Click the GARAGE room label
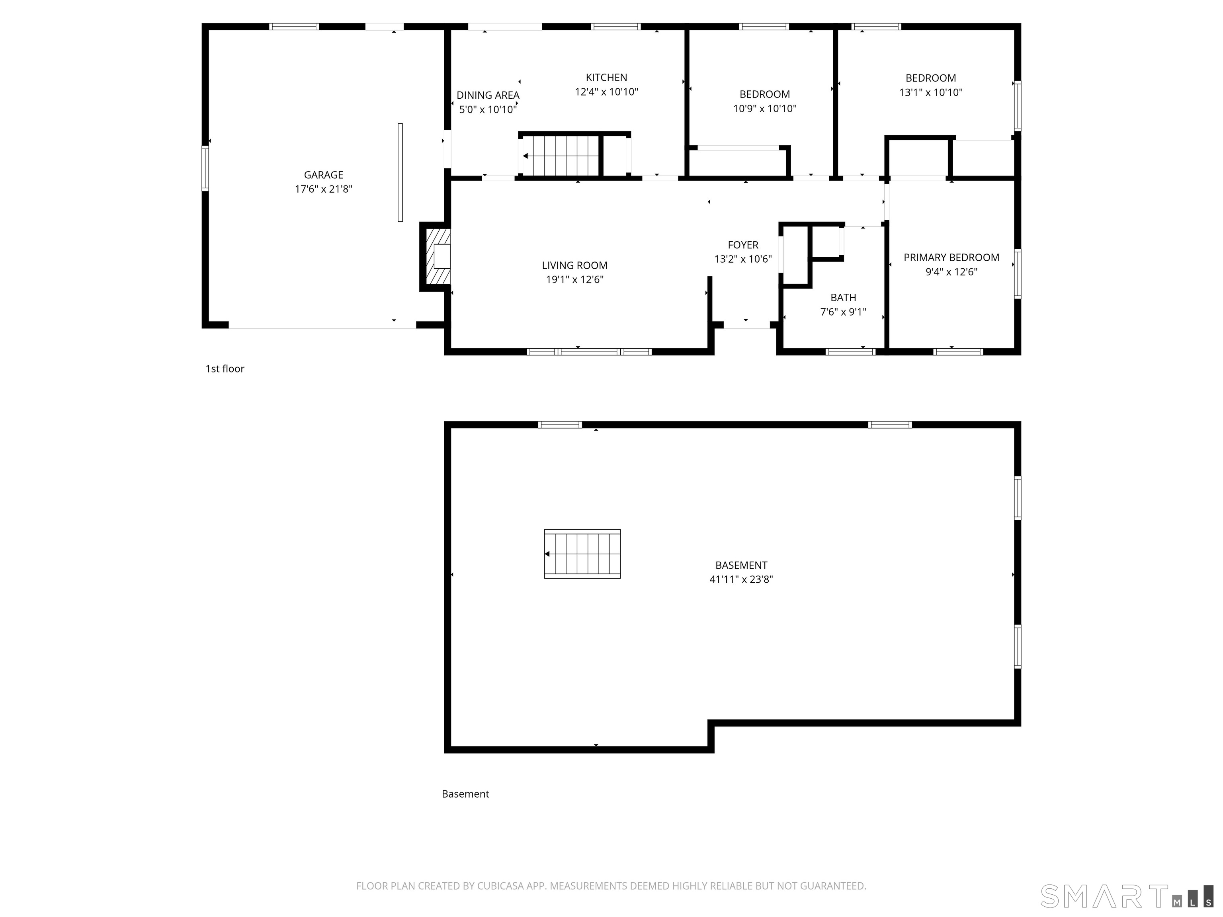pos(323,175)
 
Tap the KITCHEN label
pos(607,77)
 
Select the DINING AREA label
pos(488,95)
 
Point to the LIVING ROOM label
pos(574,265)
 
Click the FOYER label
pos(743,245)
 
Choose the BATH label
pos(843,297)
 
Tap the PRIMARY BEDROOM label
pos(951,258)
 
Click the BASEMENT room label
pos(741,565)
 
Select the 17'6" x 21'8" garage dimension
pos(323,189)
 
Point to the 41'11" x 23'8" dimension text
pos(741,579)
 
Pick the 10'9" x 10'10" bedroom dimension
pos(765,108)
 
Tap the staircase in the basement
pos(582,554)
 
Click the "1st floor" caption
pos(225,369)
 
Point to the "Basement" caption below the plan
pos(465,794)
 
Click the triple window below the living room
pos(589,351)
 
